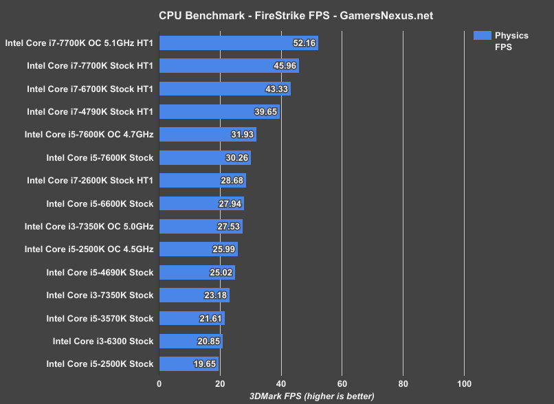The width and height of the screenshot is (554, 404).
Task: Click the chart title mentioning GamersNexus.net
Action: tap(277, 14)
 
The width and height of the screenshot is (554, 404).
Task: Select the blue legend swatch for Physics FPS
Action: tap(482, 35)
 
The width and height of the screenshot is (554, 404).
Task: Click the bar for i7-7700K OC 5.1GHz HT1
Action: tap(239, 43)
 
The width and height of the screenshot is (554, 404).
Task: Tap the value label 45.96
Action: tap(283, 67)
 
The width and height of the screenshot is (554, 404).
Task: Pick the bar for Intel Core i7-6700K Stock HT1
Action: tap(225, 89)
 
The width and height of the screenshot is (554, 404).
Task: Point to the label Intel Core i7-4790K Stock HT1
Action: tap(90, 111)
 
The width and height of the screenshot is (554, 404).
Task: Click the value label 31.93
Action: tap(241, 135)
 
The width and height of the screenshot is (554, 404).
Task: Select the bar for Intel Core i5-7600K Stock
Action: tap(205, 158)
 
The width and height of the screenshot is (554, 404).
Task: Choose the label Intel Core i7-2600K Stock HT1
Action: tap(90, 180)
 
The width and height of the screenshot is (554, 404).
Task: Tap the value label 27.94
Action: tap(228, 204)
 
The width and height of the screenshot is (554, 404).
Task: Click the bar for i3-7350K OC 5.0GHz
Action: tap(201, 226)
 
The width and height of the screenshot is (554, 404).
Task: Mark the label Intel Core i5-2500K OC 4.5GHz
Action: tap(89, 249)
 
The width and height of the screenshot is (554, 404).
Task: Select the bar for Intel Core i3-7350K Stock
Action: tap(194, 295)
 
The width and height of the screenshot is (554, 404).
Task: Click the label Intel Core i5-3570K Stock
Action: tap(100, 318)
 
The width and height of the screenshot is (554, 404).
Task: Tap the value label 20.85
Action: tap(207, 341)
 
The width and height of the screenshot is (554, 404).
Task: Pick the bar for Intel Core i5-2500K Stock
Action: tap(189, 363)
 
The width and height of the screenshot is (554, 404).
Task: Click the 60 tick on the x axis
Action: tap(342, 383)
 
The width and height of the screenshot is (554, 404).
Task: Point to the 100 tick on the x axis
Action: tap(464, 383)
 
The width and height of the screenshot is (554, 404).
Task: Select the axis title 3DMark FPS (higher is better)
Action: tap(311, 396)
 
